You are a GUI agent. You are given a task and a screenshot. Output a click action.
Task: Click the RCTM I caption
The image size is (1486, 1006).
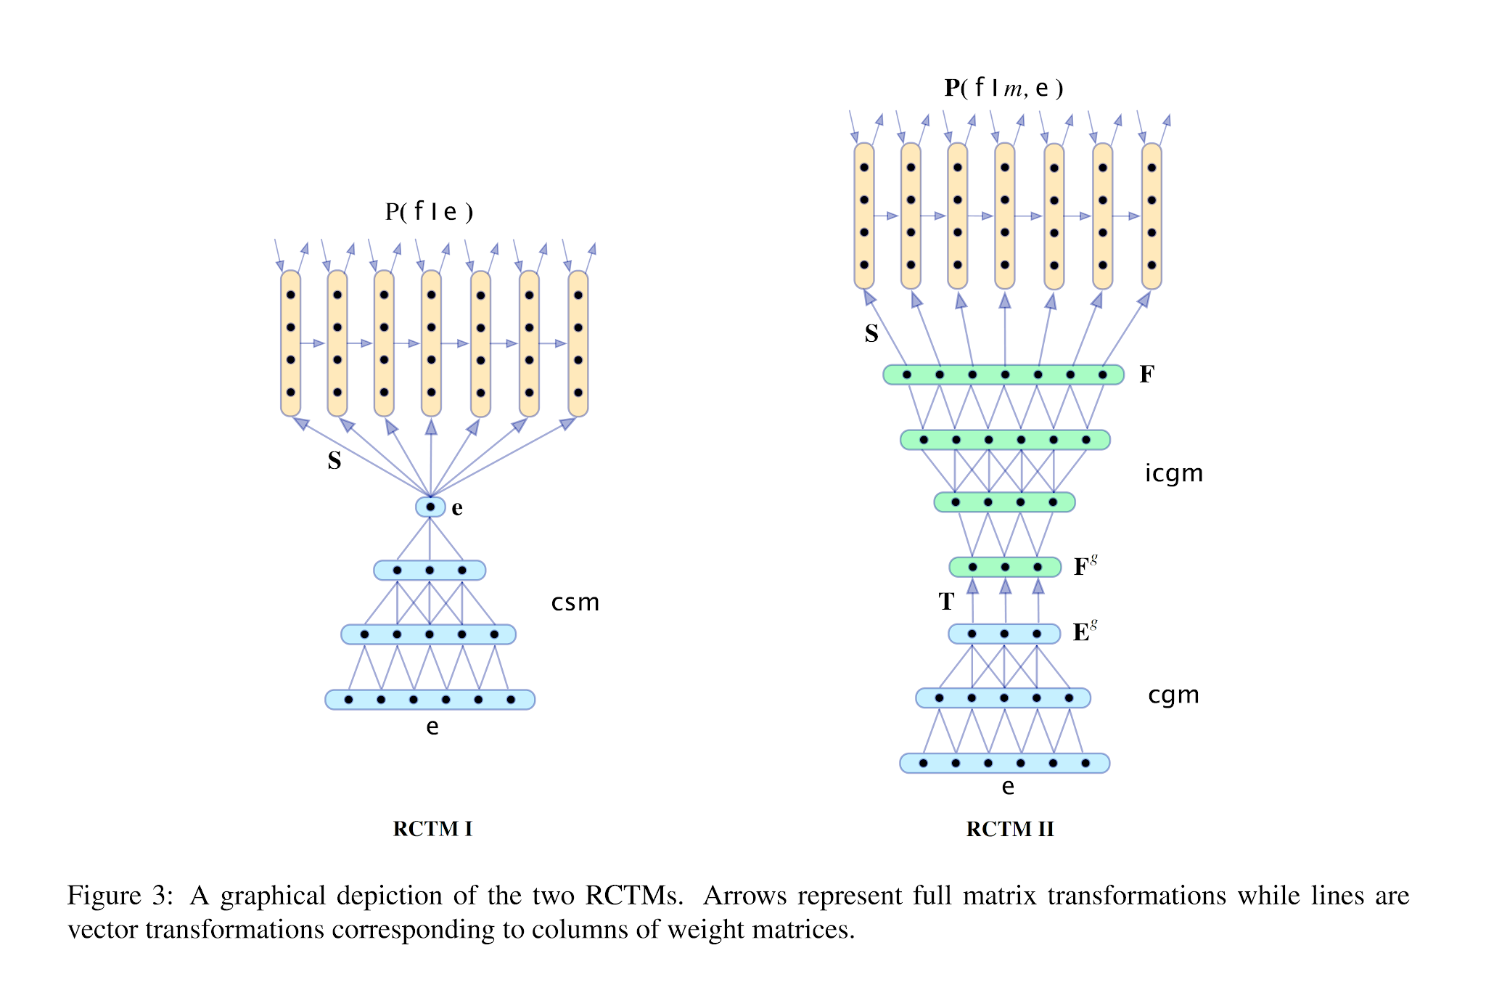pyautogui.click(x=432, y=828)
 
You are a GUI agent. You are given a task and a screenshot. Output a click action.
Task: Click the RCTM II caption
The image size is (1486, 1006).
pyautogui.click(x=1009, y=828)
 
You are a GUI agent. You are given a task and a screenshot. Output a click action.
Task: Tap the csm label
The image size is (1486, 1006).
pyautogui.click(x=575, y=602)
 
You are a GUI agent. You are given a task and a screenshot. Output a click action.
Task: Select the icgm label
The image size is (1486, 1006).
pyautogui.click(x=1173, y=473)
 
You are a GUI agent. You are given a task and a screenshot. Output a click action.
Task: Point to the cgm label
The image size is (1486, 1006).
pyautogui.click(x=1173, y=695)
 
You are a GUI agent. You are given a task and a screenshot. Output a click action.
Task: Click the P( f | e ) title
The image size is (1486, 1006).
pyautogui.click(x=429, y=211)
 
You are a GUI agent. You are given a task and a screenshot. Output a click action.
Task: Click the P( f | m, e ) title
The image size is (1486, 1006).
pyautogui.click(x=1003, y=88)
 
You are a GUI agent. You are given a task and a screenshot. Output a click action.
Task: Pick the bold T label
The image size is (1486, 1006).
pyautogui.click(x=946, y=601)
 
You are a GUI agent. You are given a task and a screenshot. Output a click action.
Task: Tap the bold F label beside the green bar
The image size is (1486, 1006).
pyautogui.click(x=1146, y=374)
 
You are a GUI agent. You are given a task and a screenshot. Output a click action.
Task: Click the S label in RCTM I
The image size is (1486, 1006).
pyautogui.click(x=334, y=460)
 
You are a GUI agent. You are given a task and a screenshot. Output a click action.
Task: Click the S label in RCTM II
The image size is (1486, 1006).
pyautogui.click(x=871, y=333)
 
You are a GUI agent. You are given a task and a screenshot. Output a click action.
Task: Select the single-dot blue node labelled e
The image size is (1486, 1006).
pyautogui.click(x=430, y=507)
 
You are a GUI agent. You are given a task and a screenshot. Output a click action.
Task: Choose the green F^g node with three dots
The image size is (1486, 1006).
pyautogui.click(x=1005, y=567)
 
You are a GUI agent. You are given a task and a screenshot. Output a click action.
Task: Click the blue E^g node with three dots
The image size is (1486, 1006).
pyautogui.click(x=1004, y=634)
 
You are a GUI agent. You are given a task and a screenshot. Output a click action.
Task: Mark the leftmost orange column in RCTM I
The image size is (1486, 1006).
pyautogui.click(x=290, y=343)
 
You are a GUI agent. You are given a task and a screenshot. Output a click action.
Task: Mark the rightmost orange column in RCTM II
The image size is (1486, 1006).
pyautogui.click(x=1152, y=216)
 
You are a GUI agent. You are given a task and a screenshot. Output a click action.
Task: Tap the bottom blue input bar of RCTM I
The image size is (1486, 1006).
pyautogui.click(x=430, y=700)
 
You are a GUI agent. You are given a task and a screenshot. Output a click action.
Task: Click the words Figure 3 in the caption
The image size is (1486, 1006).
pyautogui.click(x=120, y=896)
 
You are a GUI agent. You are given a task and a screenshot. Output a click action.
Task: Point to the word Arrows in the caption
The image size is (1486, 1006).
pyautogui.click(x=744, y=896)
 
